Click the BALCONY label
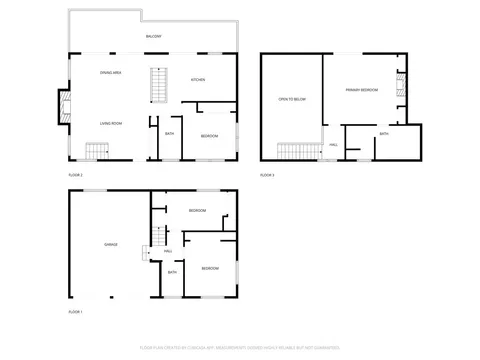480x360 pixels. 153,36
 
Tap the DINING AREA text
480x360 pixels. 111,73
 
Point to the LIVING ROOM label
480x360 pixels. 111,124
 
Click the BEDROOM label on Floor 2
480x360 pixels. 209,135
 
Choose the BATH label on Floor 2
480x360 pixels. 169,133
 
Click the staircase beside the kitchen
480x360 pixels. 157,84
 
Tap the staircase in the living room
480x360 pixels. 95,151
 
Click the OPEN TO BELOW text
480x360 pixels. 291,99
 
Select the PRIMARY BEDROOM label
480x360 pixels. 362,90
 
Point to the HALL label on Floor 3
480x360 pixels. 333,144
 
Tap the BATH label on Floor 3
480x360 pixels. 384,133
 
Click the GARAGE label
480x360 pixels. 111,244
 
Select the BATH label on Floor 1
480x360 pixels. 172,272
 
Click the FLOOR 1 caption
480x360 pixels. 75,313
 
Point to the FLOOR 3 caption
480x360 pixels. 267,175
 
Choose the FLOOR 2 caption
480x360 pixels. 75,175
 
